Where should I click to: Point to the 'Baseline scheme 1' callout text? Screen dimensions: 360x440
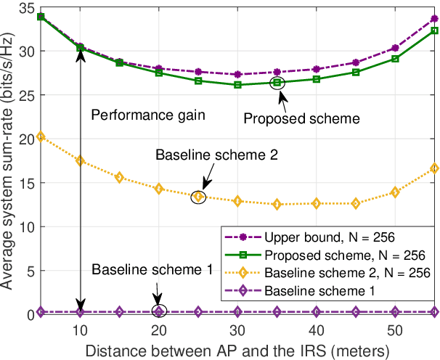(x=151, y=269)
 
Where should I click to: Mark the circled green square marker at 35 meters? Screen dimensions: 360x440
(x=277, y=83)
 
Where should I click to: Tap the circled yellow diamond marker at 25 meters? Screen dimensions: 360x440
(x=197, y=196)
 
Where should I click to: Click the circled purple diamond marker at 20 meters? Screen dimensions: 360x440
(x=159, y=311)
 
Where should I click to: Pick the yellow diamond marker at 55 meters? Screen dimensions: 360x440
(x=434, y=168)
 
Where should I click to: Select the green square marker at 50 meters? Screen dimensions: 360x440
(x=395, y=59)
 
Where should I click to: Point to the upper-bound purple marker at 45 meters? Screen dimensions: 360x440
(x=356, y=62)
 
